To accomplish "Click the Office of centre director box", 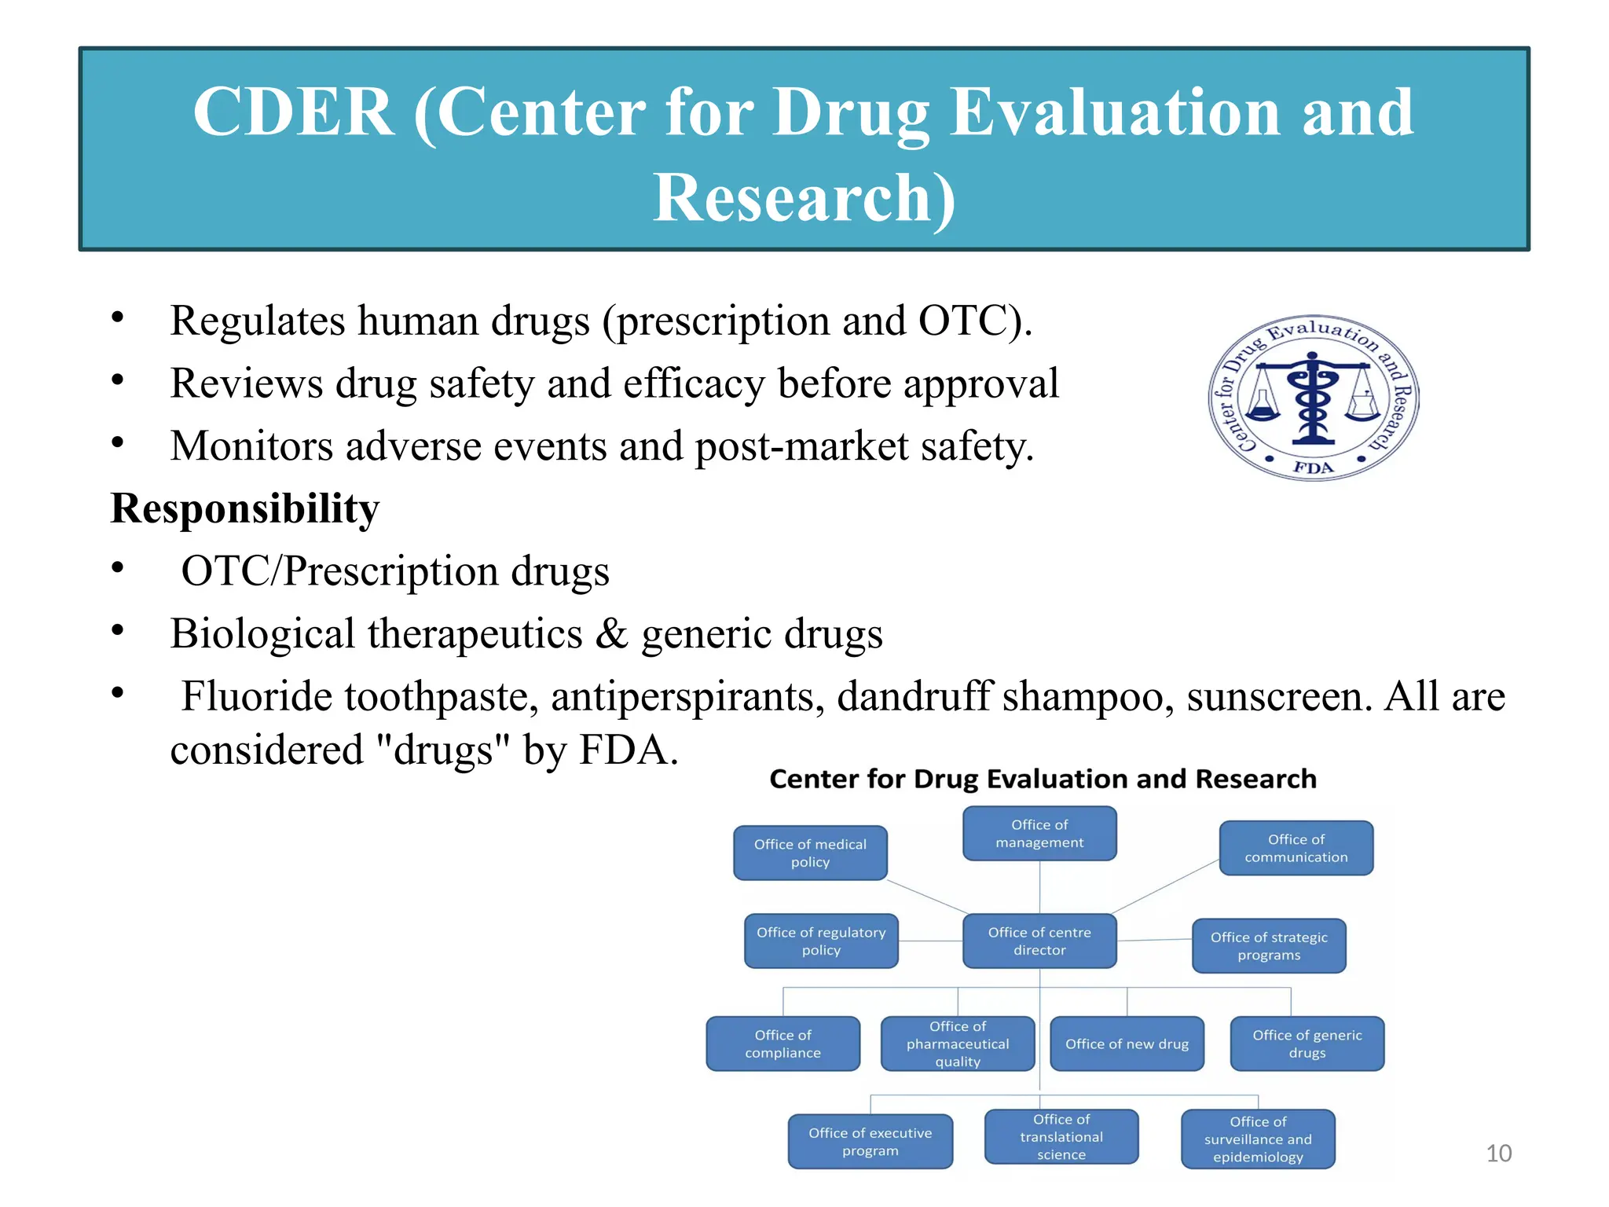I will point(1039,941).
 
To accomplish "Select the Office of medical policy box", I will point(810,853).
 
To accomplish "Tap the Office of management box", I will point(1039,833).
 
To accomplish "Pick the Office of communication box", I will point(1296,848).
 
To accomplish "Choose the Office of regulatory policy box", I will point(821,941).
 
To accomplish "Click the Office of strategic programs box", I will point(1269,946).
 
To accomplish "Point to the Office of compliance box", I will point(783,1044).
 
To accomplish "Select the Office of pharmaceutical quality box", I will point(958,1044).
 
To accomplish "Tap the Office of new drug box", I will point(1127,1044).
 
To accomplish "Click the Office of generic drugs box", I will point(1307,1044).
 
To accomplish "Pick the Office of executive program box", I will point(870,1141).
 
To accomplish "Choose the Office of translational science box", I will point(1061,1136).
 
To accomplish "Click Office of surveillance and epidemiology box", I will point(1257,1139).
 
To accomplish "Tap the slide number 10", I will point(1498,1153).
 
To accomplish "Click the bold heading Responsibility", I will point(244,508).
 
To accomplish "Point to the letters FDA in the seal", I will point(1313,468).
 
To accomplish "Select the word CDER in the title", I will point(293,112).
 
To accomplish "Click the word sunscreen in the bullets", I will point(1278,696).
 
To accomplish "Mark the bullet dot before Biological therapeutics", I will point(118,630).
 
